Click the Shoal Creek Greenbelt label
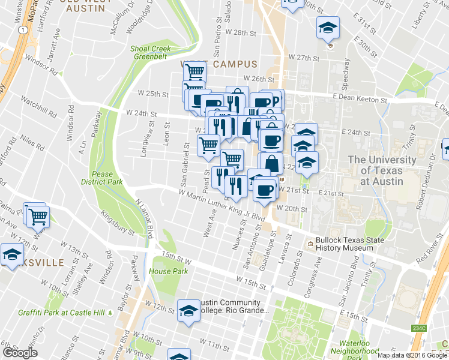click(x=151, y=53)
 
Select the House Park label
click(x=164, y=271)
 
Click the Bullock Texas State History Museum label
click(x=352, y=244)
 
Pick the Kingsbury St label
click(x=117, y=221)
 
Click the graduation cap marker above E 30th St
click(x=327, y=28)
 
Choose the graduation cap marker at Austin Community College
click(x=189, y=311)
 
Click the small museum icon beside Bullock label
click(x=310, y=244)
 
